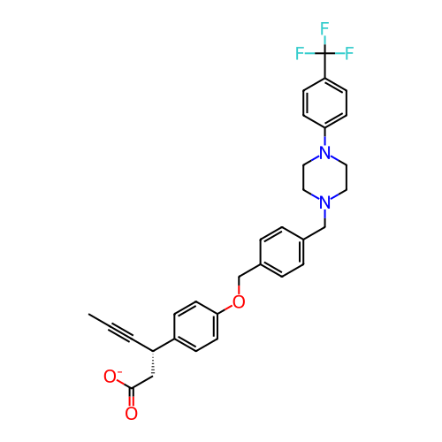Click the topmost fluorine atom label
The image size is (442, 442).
point(324,28)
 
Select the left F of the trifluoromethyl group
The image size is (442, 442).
point(300,53)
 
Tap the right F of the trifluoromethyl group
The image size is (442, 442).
point(349,53)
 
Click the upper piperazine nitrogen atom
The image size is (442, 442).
point(324,152)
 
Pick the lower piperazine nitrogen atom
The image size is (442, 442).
point(324,202)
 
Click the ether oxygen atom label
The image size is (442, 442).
point(239,301)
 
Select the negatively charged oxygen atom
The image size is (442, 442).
point(110,377)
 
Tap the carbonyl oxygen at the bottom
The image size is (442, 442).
point(131,414)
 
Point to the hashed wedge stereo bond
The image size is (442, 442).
point(153,363)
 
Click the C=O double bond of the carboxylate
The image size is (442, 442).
point(132,397)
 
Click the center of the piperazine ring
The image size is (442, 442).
point(324,177)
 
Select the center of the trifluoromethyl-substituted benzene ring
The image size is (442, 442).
point(324,103)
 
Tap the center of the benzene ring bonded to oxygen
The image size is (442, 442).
point(196,326)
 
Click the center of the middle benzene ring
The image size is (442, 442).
point(282,252)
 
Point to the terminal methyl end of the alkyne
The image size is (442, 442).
point(89,314)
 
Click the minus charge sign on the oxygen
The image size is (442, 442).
point(119,372)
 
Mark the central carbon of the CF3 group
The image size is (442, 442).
point(324,53)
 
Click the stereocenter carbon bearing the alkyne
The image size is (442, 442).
point(153,351)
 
